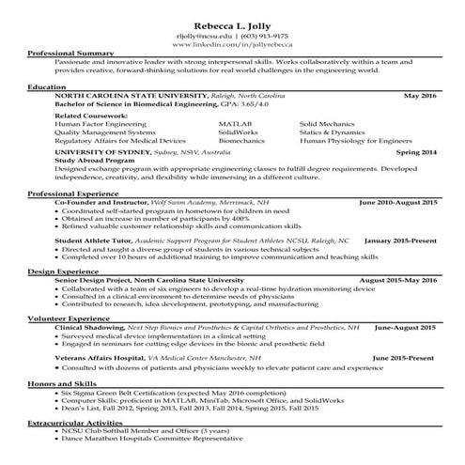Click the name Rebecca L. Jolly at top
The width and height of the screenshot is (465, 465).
(x=232, y=23)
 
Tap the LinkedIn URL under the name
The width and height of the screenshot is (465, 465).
(x=232, y=44)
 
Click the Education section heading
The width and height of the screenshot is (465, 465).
(x=47, y=86)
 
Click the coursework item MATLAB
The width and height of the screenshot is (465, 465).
(x=234, y=123)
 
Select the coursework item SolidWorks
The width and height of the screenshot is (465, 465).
(x=239, y=132)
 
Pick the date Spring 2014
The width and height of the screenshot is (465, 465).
(x=416, y=151)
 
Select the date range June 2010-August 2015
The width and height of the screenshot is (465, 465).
(x=399, y=202)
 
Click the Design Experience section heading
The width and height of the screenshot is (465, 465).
(x=61, y=271)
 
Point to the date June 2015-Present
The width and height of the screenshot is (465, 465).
(x=406, y=358)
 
